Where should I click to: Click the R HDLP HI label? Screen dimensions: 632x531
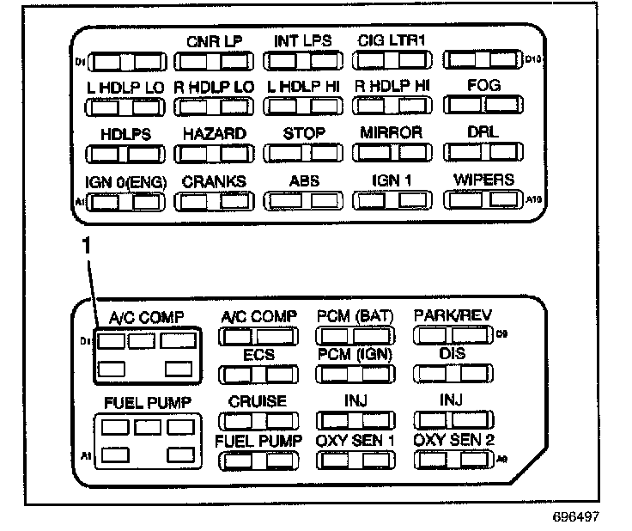pyautogui.click(x=392, y=87)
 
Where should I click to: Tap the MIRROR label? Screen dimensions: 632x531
pyautogui.click(x=392, y=133)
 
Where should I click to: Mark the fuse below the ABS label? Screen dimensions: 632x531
pyautogui.click(x=304, y=201)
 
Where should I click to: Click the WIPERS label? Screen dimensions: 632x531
pyautogui.click(x=483, y=180)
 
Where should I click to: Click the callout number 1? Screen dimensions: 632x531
pyautogui.click(x=85, y=245)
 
